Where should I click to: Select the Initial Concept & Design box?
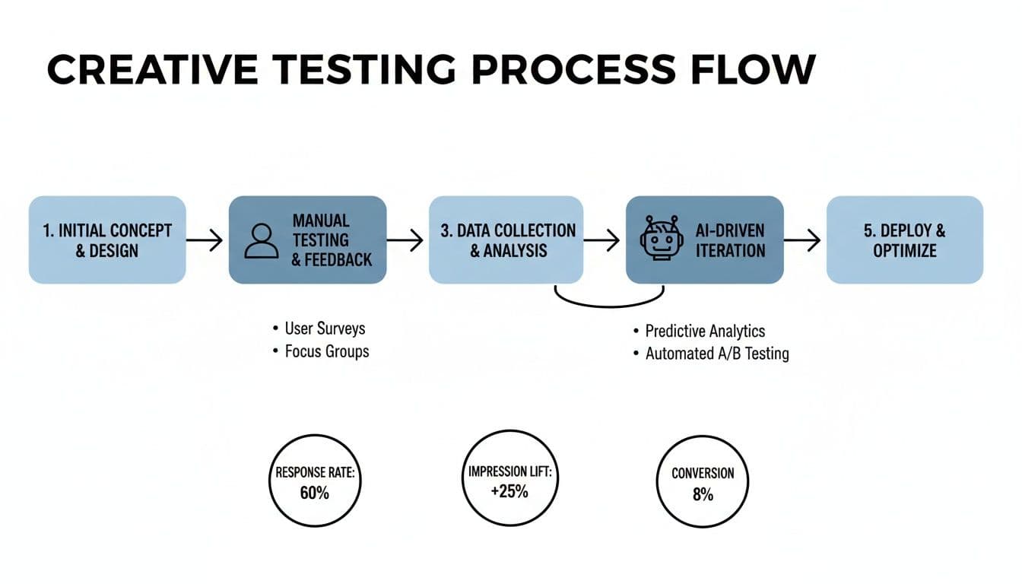[107, 240]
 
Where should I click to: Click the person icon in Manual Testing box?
[262, 240]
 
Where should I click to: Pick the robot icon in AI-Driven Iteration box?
[659, 240]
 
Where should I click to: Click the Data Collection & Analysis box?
[506, 240]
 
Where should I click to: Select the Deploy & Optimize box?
[904, 240]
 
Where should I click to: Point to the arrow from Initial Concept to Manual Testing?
[205, 241]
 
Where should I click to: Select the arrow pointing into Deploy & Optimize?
[803, 241]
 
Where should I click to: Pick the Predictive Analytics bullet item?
[704, 331]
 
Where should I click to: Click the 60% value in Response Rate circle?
[314, 493]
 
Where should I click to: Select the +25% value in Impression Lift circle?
[509, 491]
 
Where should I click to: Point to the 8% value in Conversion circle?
[703, 494]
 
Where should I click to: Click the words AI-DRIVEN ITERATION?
[730, 240]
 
